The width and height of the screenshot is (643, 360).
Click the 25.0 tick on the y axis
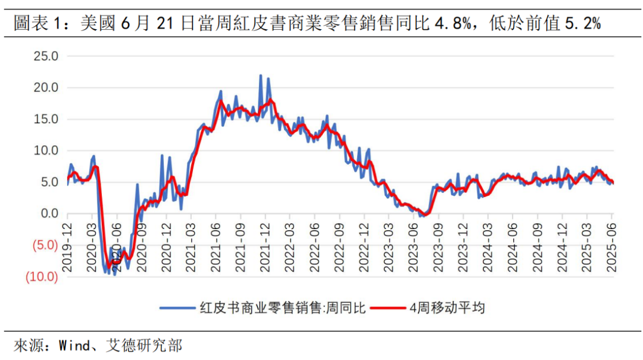[46, 57]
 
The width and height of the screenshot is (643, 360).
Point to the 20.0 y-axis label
[46, 88]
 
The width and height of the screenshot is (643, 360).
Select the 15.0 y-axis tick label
[46, 120]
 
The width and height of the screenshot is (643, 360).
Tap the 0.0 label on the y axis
[49, 214]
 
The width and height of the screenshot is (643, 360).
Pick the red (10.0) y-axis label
[40, 277]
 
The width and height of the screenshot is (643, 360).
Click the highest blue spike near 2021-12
[261, 76]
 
